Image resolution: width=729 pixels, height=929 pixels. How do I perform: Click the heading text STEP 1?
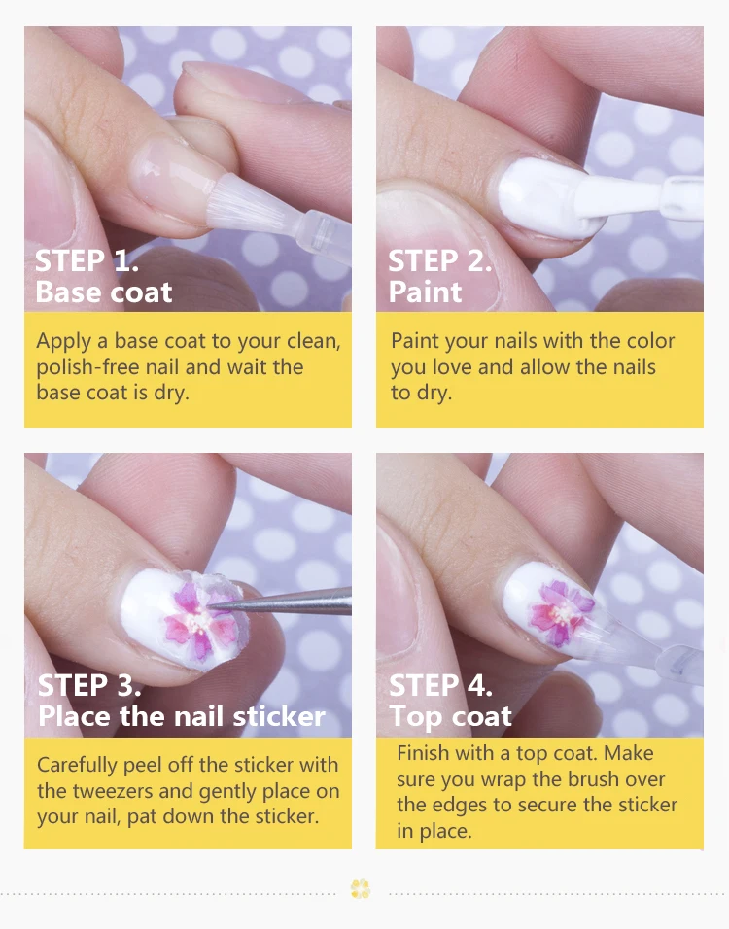(x=87, y=260)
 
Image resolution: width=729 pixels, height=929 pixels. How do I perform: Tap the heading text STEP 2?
(x=439, y=260)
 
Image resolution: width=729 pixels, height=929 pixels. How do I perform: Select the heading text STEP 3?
(x=88, y=685)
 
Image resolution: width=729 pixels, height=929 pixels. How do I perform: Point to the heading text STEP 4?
(x=440, y=685)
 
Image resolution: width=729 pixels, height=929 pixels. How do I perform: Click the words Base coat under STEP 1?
(x=103, y=292)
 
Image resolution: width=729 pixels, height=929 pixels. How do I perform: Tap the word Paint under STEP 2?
(x=425, y=292)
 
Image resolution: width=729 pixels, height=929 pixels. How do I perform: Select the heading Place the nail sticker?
(x=181, y=717)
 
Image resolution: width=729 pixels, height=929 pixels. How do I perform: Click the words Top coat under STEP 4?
(x=450, y=717)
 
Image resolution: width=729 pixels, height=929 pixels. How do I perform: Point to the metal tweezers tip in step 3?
(x=224, y=604)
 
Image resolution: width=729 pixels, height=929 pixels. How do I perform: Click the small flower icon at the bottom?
(x=361, y=888)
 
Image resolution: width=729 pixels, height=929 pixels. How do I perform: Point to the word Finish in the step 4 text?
(x=424, y=753)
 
